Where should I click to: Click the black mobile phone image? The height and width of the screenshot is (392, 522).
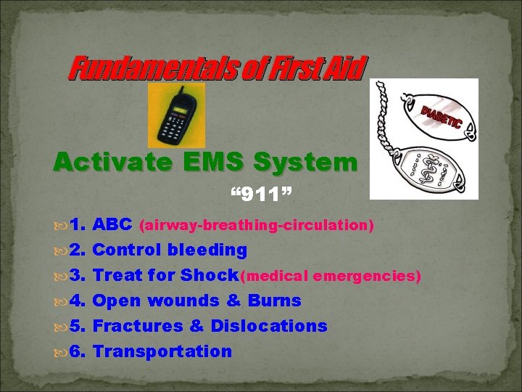(x=176, y=116)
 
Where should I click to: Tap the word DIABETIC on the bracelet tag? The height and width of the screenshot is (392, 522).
(x=440, y=115)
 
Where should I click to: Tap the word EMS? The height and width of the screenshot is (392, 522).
(x=207, y=161)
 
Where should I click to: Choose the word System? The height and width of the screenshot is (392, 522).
(x=303, y=161)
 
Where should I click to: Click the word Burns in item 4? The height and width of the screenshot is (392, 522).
(x=274, y=301)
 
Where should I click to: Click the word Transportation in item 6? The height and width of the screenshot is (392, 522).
(x=163, y=351)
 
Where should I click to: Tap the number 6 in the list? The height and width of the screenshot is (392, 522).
(x=80, y=351)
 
